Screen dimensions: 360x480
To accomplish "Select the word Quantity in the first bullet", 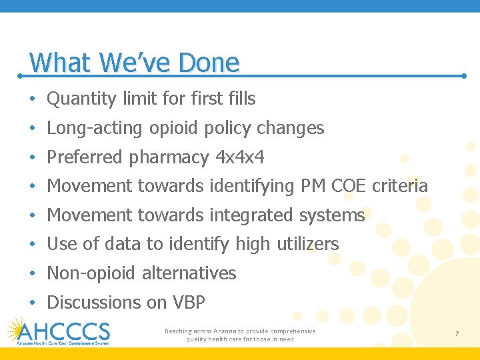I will pos(82,99).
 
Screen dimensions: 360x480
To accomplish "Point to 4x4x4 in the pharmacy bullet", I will pos(240,157).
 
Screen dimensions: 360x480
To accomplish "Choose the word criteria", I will pos(399,186).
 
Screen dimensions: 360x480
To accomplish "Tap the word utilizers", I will pos(307,244).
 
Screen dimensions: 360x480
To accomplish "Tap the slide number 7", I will pos(457,333).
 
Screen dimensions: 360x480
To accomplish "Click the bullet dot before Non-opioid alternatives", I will pos(32,273).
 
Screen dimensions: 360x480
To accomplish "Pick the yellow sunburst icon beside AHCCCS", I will pos(17,330).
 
